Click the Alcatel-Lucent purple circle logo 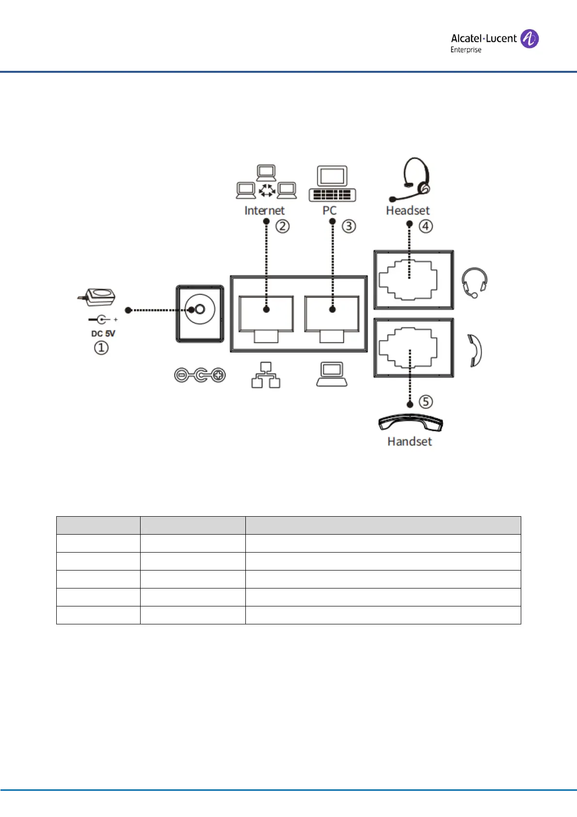[x=529, y=39]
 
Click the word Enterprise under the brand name [x=465, y=50]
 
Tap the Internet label [x=264, y=211]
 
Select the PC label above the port [x=329, y=211]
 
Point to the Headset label [x=408, y=211]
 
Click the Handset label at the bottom [x=409, y=441]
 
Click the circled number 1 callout [x=101, y=348]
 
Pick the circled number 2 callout [x=283, y=227]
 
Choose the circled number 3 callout [x=349, y=227]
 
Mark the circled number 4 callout [x=426, y=227]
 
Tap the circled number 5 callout [x=426, y=402]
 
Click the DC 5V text [x=103, y=334]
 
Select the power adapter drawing [x=97, y=296]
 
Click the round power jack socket [x=200, y=310]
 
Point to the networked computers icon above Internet [x=266, y=182]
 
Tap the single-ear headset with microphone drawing [x=412, y=180]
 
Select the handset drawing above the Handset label [x=410, y=422]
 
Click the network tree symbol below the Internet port [x=266, y=375]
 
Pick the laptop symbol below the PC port [x=332, y=375]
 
